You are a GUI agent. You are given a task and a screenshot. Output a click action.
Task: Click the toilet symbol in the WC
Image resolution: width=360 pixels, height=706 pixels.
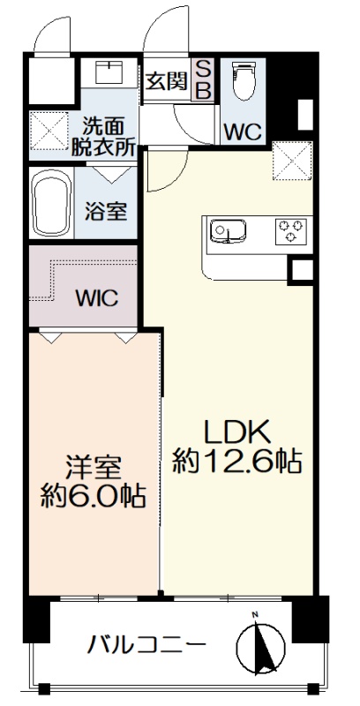tap(243, 81)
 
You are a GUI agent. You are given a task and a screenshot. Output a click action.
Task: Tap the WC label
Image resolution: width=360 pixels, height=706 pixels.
tap(243, 131)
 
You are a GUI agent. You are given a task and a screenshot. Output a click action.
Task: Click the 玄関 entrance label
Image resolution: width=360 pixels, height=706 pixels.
tap(167, 81)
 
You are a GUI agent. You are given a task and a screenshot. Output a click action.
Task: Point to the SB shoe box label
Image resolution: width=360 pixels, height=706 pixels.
tap(204, 80)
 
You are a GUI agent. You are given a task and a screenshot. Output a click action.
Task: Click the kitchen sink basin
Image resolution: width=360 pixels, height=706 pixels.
tap(229, 231)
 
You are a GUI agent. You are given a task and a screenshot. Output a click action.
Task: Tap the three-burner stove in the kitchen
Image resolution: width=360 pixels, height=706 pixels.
tap(290, 231)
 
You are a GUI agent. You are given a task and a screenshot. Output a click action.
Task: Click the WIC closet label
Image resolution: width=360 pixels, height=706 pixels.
tap(97, 297)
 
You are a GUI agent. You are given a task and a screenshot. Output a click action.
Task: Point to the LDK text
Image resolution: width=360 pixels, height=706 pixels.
tap(237, 432)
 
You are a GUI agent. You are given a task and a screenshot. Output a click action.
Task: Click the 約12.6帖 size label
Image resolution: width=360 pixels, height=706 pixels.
tap(237, 461)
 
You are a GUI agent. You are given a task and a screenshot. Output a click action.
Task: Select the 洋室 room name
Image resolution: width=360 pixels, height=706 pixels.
tap(94, 468)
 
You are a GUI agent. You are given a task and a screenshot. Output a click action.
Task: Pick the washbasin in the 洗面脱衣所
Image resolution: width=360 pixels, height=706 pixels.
tap(109, 72)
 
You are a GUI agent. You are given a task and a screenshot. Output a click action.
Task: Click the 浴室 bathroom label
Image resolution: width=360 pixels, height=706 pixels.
tap(106, 211)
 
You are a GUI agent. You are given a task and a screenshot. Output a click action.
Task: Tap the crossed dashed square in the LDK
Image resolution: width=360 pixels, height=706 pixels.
tap(292, 161)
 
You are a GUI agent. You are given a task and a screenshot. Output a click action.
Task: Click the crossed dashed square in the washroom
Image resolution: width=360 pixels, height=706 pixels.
tap(49, 131)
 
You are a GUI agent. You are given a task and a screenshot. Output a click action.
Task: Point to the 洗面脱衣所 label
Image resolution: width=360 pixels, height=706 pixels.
tap(104, 137)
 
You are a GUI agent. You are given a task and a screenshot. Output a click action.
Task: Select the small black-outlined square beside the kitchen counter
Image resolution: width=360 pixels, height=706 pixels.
tap(300, 271)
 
